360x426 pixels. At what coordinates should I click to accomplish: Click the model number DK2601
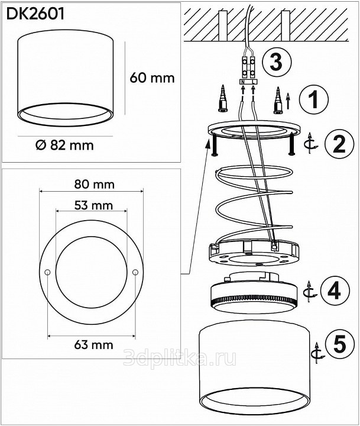click(35, 14)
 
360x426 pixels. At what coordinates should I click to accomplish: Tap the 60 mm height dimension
click(152, 78)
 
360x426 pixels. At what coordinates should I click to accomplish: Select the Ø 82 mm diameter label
click(64, 145)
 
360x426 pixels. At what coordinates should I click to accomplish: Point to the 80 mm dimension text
click(94, 185)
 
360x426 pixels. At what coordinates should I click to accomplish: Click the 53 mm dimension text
click(93, 205)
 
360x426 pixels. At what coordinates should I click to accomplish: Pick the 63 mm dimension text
click(93, 345)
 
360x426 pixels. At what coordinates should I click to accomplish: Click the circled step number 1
click(313, 100)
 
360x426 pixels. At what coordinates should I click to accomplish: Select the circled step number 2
click(339, 143)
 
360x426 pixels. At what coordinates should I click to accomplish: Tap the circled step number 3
click(277, 62)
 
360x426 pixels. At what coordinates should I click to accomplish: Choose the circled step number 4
click(334, 291)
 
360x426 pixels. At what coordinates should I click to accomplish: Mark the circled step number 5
click(340, 344)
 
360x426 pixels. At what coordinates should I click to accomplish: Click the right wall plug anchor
click(278, 100)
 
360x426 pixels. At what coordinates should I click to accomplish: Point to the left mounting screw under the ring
click(214, 146)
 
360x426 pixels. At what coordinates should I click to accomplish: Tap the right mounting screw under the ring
click(292, 144)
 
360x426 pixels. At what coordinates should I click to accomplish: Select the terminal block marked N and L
click(248, 82)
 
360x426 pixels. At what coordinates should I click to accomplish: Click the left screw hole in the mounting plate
click(47, 272)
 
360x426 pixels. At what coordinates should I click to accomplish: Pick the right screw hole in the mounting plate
click(135, 272)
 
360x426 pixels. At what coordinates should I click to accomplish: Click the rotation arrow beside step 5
click(317, 353)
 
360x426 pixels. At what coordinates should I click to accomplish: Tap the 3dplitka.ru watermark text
click(180, 357)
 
